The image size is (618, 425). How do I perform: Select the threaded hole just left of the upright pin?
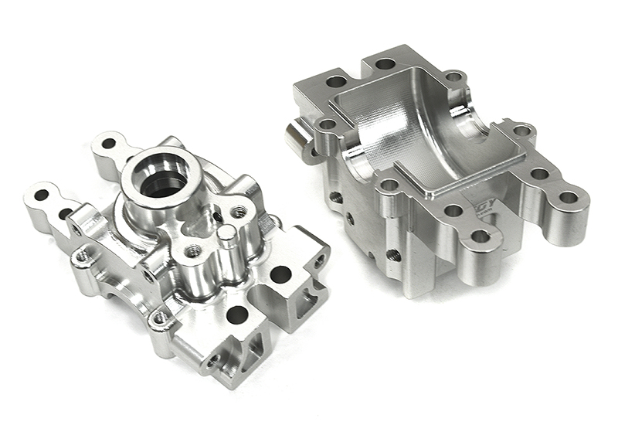194,251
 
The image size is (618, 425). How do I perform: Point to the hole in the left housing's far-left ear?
41,195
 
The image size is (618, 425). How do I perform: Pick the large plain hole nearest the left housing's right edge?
280,274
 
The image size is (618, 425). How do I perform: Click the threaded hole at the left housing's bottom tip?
213,360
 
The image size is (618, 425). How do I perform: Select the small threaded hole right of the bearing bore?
239,211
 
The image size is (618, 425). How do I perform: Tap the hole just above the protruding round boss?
328,124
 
